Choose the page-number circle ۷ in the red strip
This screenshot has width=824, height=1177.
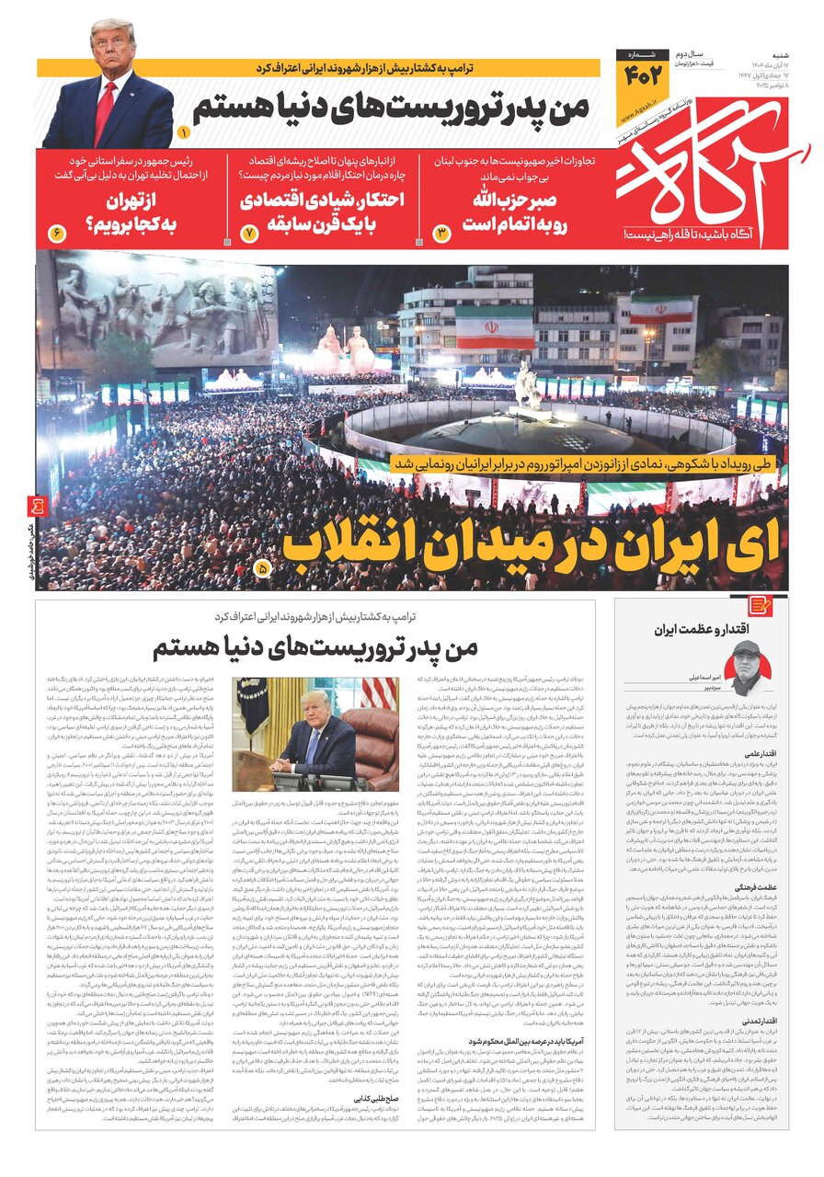click(248, 233)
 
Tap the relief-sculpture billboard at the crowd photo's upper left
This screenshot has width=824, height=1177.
click(156, 313)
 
